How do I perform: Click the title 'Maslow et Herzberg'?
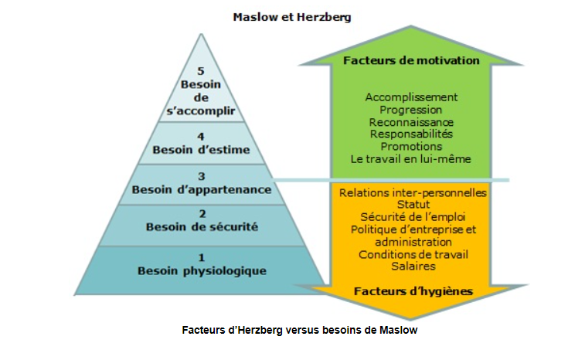[x=292, y=17]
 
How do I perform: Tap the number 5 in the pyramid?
[x=201, y=71]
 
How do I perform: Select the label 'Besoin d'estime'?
[x=201, y=150]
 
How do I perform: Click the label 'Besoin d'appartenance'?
[x=202, y=190]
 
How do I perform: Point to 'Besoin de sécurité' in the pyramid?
[x=202, y=227]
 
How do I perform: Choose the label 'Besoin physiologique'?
[x=202, y=271]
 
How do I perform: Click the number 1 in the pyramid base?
[x=202, y=257]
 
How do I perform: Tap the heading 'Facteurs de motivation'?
[x=411, y=60]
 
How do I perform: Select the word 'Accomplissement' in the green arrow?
[x=411, y=97]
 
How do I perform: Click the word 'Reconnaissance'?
[x=411, y=122]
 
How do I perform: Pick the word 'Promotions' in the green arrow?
[x=411, y=147]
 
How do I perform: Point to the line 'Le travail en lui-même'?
[x=411, y=159]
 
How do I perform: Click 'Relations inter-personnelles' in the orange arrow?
[x=413, y=193]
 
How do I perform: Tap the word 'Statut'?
[x=413, y=205]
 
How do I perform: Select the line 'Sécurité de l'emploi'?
[x=413, y=217]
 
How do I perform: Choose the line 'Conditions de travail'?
[x=413, y=255]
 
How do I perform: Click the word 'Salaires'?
[x=413, y=267]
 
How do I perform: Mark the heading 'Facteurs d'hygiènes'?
[x=413, y=291]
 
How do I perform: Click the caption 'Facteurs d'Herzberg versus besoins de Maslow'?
[x=300, y=330]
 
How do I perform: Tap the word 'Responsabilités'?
[x=411, y=134]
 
